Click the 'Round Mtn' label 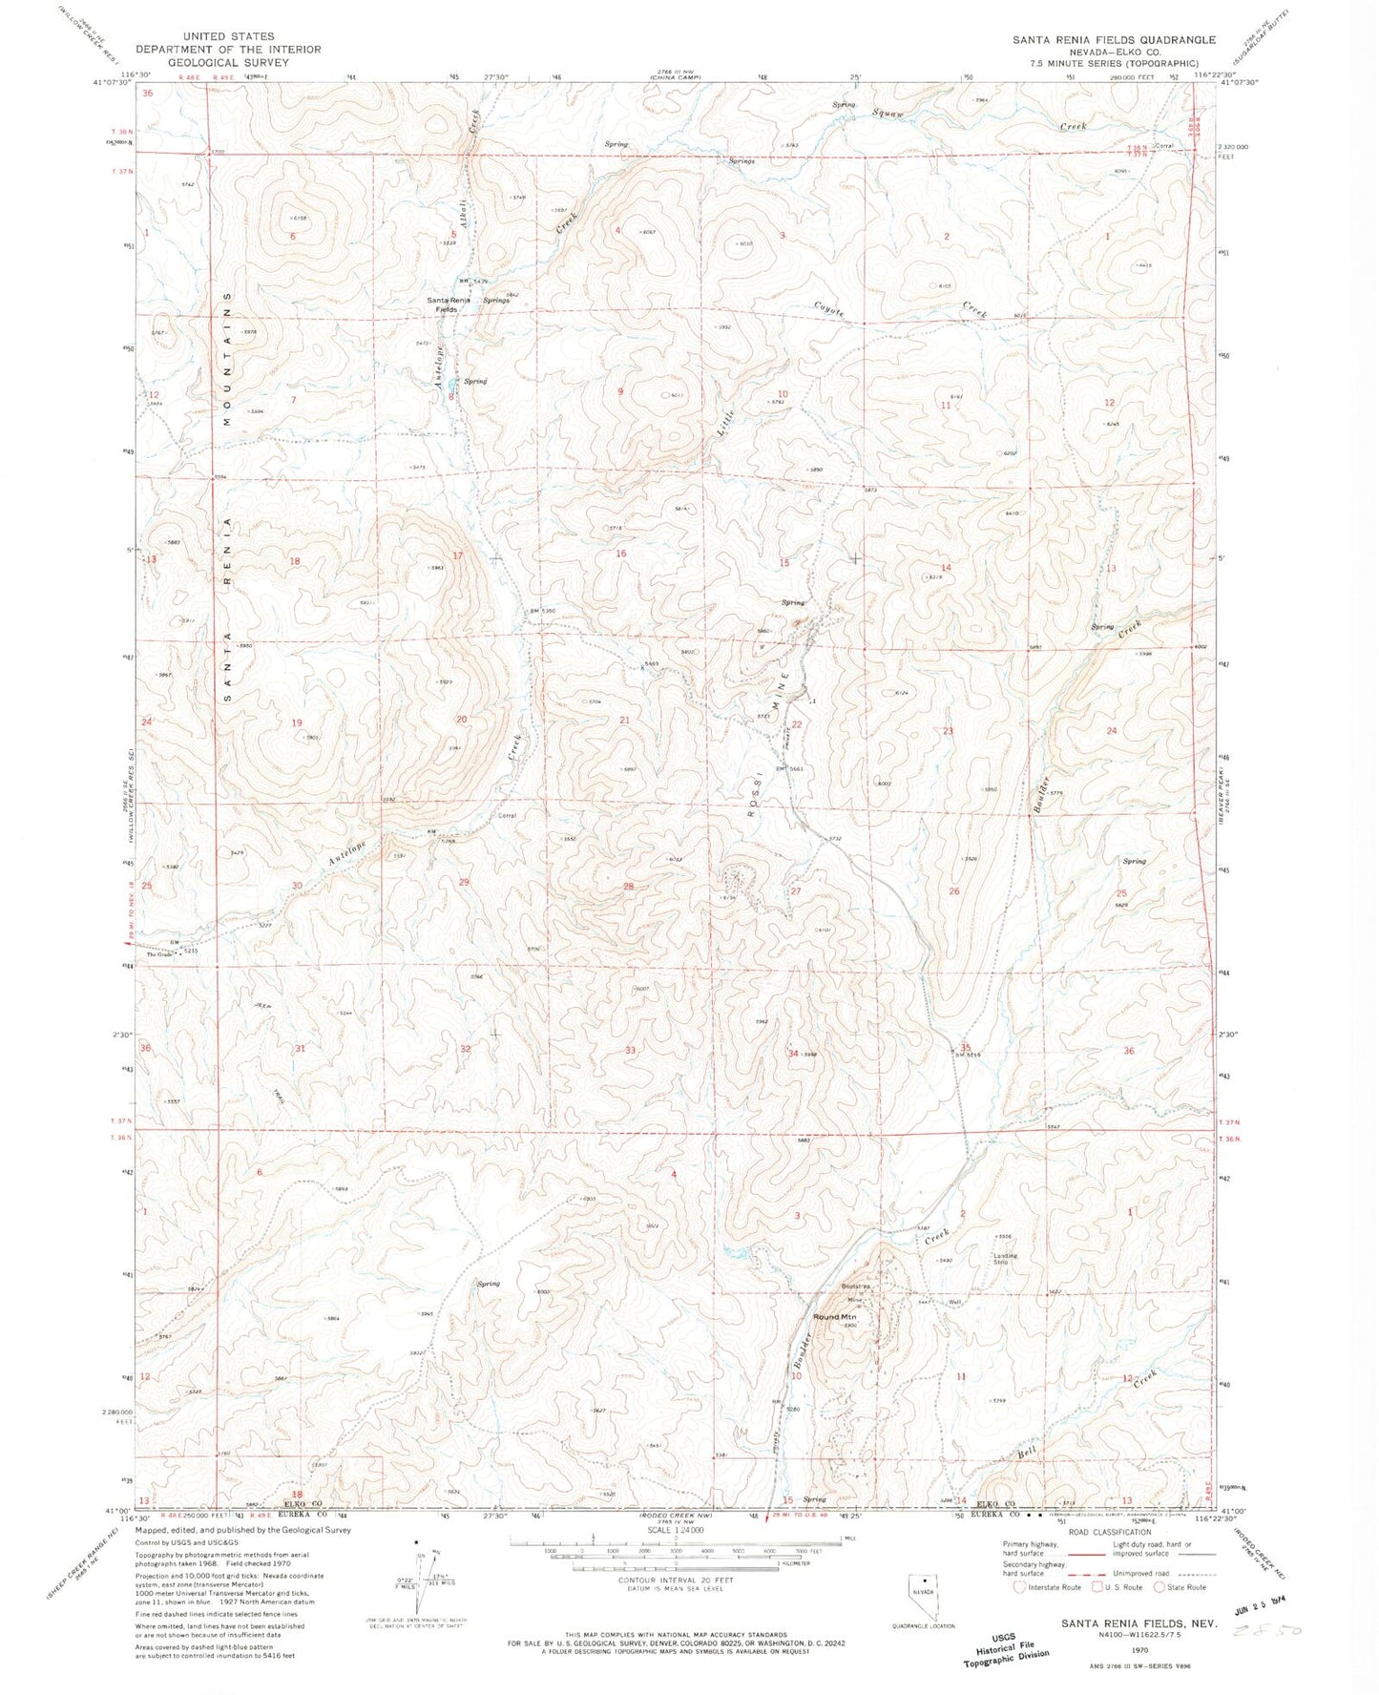tap(834, 1317)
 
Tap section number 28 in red tap(629, 887)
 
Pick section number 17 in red tap(458, 555)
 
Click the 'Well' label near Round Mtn tap(952, 1303)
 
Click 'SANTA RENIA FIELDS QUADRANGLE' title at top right tap(1115, 40)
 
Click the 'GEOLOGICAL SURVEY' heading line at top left tap(228, 62)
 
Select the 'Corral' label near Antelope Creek tap(507, 816)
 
